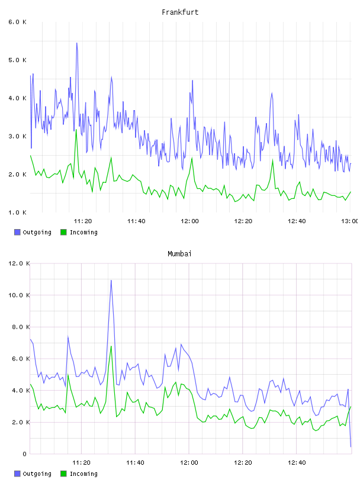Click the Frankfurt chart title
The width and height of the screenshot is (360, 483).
tap(180, 12)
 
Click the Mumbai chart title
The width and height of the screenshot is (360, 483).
tap(179, 254)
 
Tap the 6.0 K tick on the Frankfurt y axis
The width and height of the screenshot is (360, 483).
tap(17, 22)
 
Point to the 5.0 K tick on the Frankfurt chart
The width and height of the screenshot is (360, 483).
tap(17, 60)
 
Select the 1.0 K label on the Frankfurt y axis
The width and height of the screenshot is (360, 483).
tap(17, 212)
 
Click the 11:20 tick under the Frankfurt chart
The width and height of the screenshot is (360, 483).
tap(83, 221)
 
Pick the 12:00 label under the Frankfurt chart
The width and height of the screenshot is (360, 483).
tap(189, 221)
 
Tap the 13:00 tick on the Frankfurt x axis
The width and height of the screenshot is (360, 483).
tap(350, 221)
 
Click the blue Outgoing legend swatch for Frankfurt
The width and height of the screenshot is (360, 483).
tap(17, 232)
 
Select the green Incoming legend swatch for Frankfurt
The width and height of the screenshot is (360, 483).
tap(63, 232)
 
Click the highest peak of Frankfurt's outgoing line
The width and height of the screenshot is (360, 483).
tap(77, 43)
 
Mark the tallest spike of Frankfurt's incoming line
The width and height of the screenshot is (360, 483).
tap(76, 130)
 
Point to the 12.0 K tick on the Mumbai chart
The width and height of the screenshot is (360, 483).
tap(19, 263)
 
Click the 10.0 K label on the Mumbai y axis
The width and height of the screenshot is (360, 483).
tap(19, 295)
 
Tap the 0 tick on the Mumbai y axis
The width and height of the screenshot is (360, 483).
tap(24, 454)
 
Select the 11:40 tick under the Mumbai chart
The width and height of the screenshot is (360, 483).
tap(135, 463)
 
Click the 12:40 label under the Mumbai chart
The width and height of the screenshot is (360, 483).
tap(297, 463)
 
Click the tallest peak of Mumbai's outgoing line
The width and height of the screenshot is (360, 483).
tap(111, 281)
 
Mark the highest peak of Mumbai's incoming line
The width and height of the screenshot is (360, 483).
tap(111, 346)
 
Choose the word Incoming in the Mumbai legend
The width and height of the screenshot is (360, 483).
tap(83, 474)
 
